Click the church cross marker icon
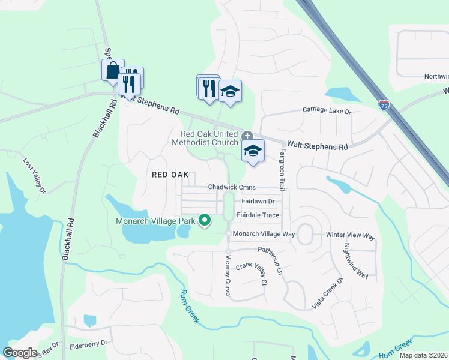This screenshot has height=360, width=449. [x=247, y=137]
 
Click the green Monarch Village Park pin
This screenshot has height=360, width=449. [x=204, y=221]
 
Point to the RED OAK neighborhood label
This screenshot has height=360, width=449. [x=170, y=175]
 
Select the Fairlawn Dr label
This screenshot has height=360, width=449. [x=258, y=202]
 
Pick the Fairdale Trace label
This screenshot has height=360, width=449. [x=258, y=215]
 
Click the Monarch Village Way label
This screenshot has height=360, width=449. [x=264, y=233]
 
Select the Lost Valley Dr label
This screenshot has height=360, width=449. [x=34, y=176]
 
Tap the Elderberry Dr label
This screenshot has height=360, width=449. [x=88, y=343]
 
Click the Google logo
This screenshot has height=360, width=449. [x=20, y=353]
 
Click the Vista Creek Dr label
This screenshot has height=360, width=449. [x=327, y=294]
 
